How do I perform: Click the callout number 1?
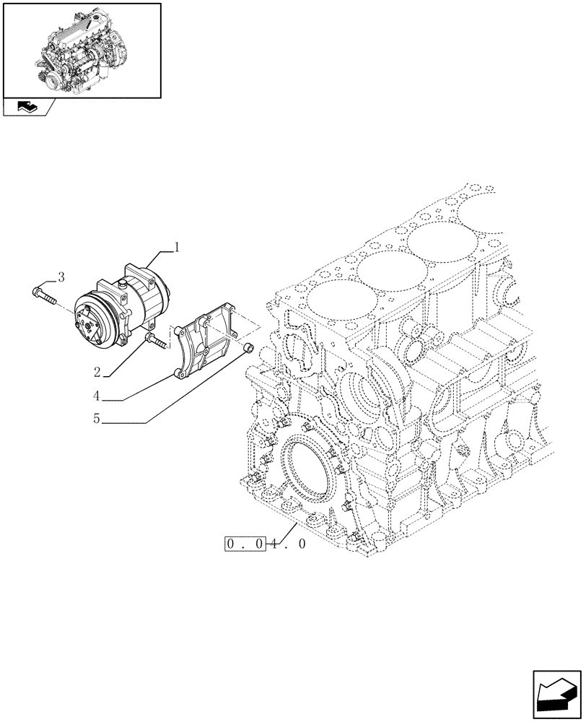(x=176, y=247)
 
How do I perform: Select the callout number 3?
(x=61, y=277)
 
